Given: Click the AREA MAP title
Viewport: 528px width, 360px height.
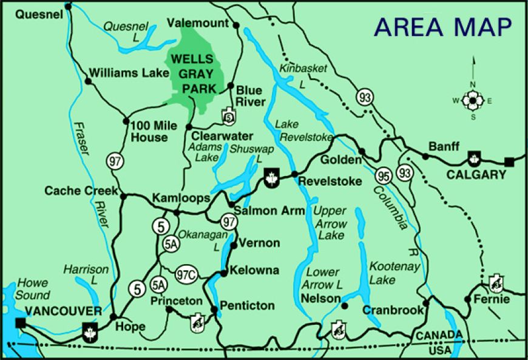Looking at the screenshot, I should pos(442,27).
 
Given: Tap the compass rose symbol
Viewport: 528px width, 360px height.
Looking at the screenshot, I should pos(472,101).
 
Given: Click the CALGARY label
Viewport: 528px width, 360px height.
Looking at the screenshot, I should pos(476,175).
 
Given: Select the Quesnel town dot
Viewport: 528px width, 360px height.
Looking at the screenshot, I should pos(68,7).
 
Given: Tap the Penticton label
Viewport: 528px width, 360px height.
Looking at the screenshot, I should pos(248,305).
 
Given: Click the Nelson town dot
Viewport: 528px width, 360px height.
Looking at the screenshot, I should pos(344,306).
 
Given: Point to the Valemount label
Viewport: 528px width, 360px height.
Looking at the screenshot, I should pos(200,23).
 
